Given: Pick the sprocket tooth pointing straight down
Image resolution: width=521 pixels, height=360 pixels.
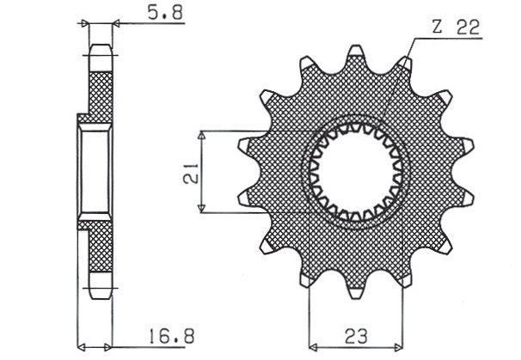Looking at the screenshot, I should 355,288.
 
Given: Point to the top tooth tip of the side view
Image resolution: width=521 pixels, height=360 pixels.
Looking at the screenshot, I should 101,48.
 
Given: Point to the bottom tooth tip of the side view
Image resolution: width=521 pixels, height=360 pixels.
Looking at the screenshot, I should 101,292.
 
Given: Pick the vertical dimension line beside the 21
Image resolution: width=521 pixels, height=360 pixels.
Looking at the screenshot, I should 202,172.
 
